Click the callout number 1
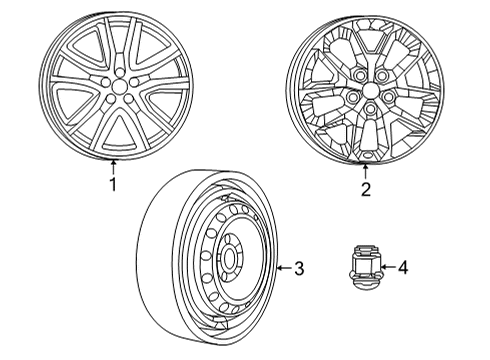pos(113,184)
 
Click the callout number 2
pos(365,187)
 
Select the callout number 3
pos(298,268)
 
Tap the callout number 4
pos(403,268)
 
